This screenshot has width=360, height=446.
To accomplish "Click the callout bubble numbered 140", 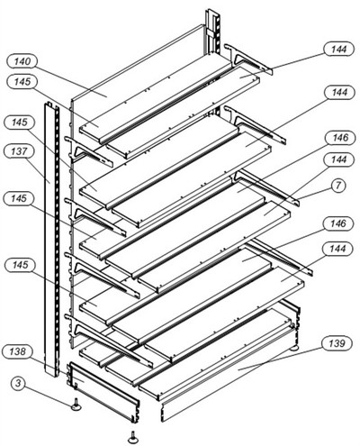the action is pyautogui.click(x=22, y=61).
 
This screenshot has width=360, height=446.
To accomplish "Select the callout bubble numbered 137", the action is pyautogui.click(x=20, y=151).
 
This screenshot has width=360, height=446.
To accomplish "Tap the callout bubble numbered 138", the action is pyautogui.click(x=17, y=351).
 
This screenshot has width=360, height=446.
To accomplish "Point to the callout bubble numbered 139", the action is pyautogui.click(x=337, y=343).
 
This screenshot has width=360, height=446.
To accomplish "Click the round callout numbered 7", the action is pyautogui.click(x=338, y=186).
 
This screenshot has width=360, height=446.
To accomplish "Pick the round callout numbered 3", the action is pyautogui.click(x=19, y=384).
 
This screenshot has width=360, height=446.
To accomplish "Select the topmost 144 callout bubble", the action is pyautogui.click(x=339, y=50).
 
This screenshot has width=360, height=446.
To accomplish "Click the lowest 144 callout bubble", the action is pyautogui.click(x=337, y=249).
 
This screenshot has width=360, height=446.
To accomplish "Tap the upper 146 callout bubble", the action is pyautogui.click(x=340, y=138).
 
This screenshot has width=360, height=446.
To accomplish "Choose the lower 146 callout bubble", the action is pyautogui.click(x=338, y=223).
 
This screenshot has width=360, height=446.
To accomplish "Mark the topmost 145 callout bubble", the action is pyautogui.click(x=22, y=81).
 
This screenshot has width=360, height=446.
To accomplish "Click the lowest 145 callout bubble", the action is pyautogui.click(x=20, y=265).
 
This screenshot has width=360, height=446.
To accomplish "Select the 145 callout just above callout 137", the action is pyautogui.click(x=20, y=123).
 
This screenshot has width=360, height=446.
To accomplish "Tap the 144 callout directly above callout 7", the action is pyautogui.click(x=339, y=159).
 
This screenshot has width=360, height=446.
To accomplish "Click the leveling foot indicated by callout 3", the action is pyautogui.click(x=76, y=404).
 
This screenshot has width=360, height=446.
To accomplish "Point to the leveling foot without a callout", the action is pyautogui.click(x=132, y=437).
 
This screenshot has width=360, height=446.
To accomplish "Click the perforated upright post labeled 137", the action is pyautogui.click(x=51, y=239).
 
